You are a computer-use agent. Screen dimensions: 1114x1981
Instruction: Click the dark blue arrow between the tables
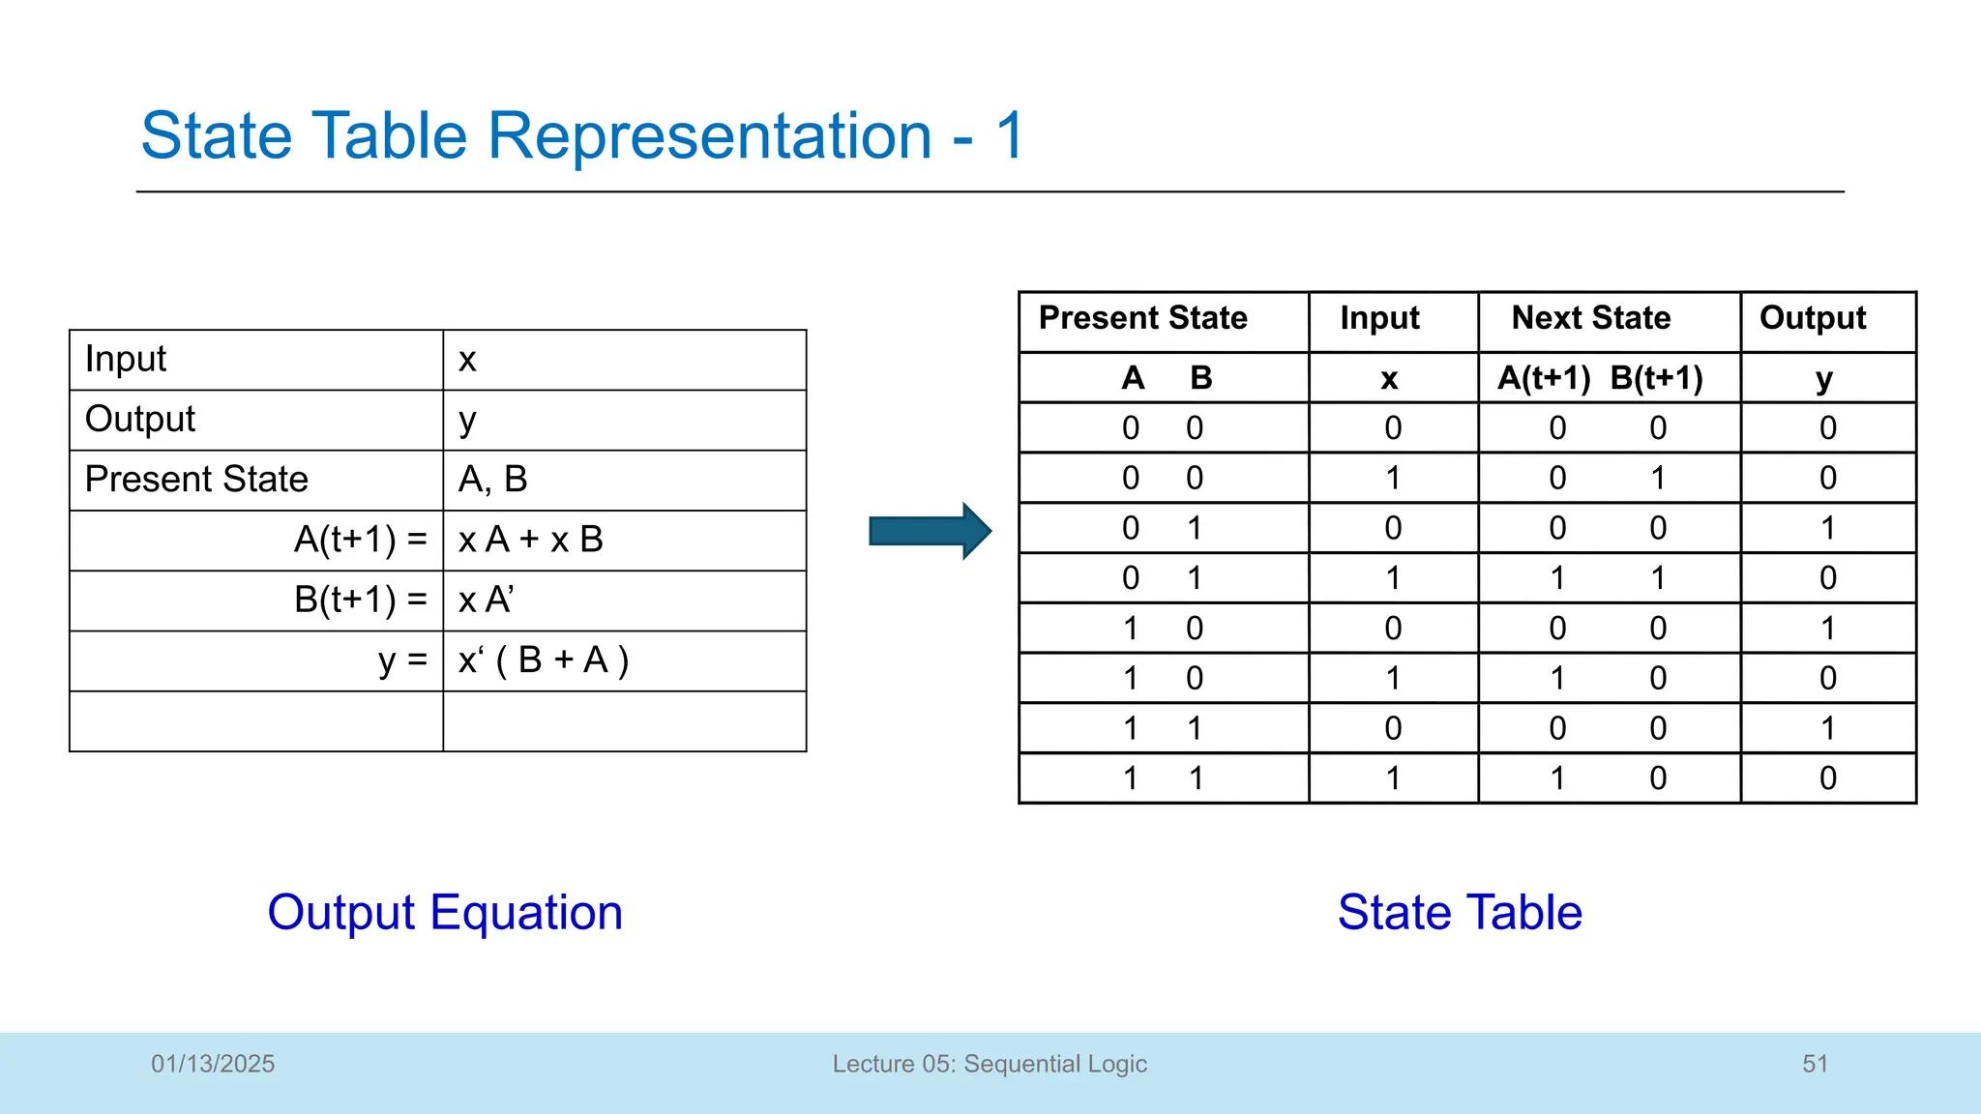click(929, 530)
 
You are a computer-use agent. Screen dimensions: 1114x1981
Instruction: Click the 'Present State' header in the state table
click(1142, 318)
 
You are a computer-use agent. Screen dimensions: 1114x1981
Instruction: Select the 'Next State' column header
click(1590, 318)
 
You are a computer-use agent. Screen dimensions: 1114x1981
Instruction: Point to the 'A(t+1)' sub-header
click(1543, 378)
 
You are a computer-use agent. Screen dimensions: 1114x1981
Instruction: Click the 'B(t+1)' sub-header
click(1656, 378)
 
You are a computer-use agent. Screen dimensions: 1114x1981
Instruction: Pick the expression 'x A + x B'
click(530, 540)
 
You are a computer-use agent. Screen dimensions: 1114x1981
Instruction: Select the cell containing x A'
click(486, 601)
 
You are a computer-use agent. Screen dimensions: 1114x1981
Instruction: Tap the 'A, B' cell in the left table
click(492, 480)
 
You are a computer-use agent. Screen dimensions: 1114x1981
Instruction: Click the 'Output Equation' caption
click(445, 912)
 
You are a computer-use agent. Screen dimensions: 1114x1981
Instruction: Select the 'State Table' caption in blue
click(1459, 912)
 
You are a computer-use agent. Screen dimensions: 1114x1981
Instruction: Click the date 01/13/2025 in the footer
click(213, 1064)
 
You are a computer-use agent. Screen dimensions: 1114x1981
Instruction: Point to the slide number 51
click(1815, 1064)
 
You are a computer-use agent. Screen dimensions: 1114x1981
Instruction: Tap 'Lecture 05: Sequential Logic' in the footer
click(990, 1064)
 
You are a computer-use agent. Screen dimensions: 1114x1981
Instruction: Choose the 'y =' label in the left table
click(402, 660)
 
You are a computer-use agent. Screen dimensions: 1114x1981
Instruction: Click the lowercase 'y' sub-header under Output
click(1823, 379)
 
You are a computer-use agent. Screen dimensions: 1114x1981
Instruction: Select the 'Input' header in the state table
click(1379, 318)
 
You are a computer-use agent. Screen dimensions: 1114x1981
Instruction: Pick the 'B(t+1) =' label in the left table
click(360, 601)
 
